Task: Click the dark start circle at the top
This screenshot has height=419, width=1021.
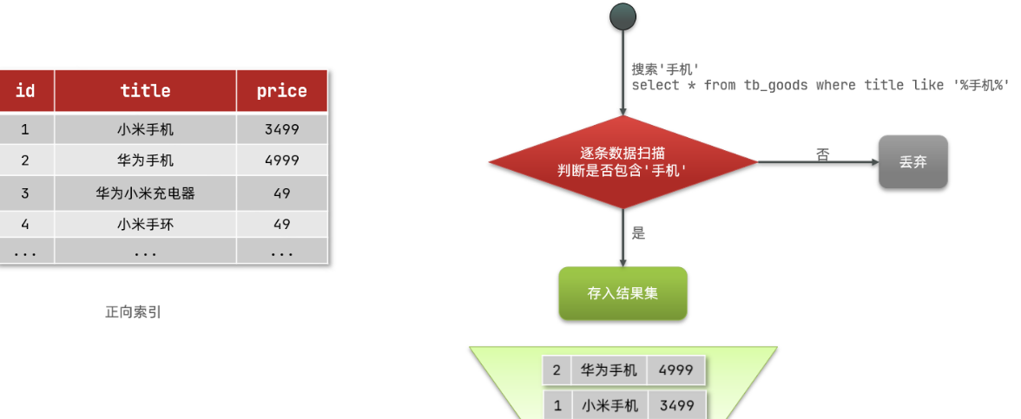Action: [622, 16]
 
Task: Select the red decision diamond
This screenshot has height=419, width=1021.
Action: [622, 161]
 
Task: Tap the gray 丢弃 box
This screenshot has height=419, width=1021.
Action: [912, 161]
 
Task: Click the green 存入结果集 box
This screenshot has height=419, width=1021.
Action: [622, 293]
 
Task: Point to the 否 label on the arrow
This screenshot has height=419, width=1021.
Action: [822, 154]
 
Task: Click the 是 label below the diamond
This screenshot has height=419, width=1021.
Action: [639, 233]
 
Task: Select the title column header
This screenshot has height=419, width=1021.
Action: [145, 90]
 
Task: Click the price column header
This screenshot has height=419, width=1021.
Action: [281, 90]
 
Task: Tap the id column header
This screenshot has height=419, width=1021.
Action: [25, 90]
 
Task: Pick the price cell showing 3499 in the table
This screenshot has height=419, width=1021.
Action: [281, 129]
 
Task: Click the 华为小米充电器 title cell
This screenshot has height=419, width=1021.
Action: [145, 193]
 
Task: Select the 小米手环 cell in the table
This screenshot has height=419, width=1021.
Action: [145, 224]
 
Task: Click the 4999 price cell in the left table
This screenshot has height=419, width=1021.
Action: [281, 160]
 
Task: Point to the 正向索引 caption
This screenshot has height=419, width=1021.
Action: [133, 312]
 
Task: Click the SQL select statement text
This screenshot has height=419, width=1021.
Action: [820, 85]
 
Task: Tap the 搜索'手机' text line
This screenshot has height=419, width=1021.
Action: [665, 69]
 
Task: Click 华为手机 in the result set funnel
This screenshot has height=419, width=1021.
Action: [609, 370]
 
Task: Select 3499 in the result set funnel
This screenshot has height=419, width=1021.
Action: [675, 405]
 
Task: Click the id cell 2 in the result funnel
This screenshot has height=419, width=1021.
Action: [557, 370]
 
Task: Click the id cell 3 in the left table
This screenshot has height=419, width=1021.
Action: [25, 193]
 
